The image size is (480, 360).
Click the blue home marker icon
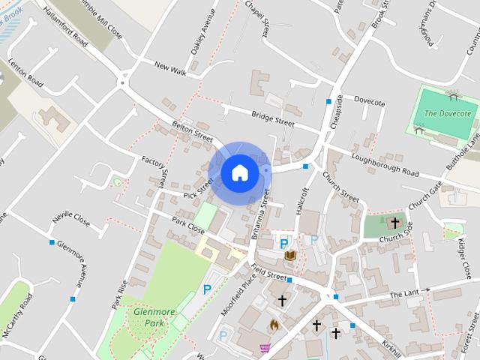[239, 172]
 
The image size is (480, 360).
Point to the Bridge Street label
[273, 116]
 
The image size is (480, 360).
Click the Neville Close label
[71, 222]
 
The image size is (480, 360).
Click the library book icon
[290, 256]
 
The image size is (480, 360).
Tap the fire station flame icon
[274, 325]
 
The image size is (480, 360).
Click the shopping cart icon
[264, 348]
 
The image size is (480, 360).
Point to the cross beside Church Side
[395, 223]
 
